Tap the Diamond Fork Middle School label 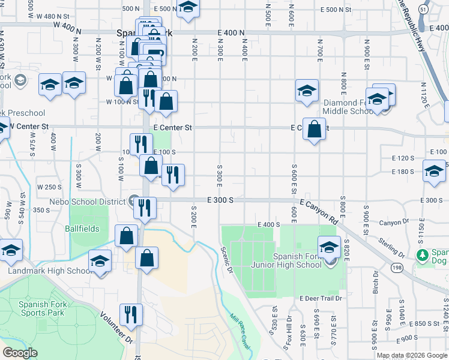348,107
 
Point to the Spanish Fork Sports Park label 41,308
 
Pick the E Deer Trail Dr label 321,298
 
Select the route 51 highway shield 424,11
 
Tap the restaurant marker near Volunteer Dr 130,314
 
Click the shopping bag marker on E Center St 314,129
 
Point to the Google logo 20,353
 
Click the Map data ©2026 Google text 411,355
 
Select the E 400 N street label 232,32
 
